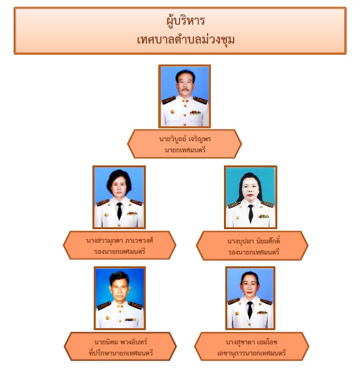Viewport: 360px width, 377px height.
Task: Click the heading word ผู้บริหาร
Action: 186,21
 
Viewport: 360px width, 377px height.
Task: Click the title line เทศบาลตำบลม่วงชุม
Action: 186,40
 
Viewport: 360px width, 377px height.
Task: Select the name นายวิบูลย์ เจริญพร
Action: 185,139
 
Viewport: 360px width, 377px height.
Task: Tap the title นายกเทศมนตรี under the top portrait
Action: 185,150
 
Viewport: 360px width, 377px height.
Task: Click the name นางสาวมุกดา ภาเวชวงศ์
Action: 120,240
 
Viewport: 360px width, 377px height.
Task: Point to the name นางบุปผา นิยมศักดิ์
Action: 253,241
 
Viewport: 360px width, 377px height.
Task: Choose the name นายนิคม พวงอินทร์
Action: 120,342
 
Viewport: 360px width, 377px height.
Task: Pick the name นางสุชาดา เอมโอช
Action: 251,342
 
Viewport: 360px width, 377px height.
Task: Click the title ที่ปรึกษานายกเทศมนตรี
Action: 121,353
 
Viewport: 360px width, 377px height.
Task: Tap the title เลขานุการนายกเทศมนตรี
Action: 251,353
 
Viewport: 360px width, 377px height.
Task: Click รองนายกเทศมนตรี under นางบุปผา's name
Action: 253,252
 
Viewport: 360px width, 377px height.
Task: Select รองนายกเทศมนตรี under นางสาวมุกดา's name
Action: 120,251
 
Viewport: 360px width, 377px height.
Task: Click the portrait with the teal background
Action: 251,197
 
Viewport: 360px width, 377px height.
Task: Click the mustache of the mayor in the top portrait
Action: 185,90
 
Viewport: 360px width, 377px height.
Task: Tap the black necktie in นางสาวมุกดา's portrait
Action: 119,210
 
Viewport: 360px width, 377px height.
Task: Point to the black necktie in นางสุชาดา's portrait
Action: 250,310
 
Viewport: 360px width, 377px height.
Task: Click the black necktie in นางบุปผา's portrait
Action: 251,214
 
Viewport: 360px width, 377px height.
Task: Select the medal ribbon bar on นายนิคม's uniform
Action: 130,320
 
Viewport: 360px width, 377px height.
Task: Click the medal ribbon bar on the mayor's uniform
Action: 195,112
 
